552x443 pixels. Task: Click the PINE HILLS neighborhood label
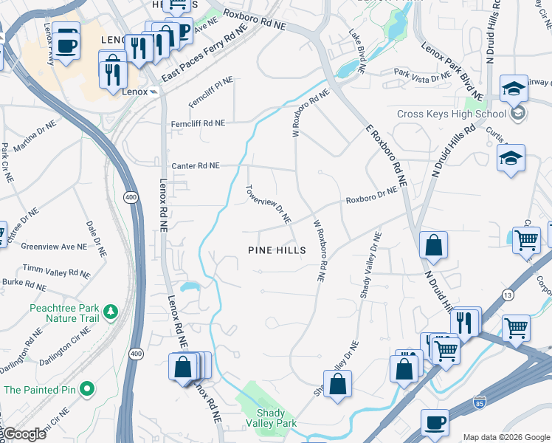pos(277,250)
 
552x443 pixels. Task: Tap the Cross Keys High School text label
pos(452,114)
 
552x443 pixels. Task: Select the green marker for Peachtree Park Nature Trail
pos(111,312)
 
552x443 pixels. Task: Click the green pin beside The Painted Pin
pos(87,388)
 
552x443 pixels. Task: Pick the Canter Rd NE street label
pos(195,166)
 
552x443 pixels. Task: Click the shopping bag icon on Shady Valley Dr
pos(337,384)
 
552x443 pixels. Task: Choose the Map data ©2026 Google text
pos(506,437)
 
